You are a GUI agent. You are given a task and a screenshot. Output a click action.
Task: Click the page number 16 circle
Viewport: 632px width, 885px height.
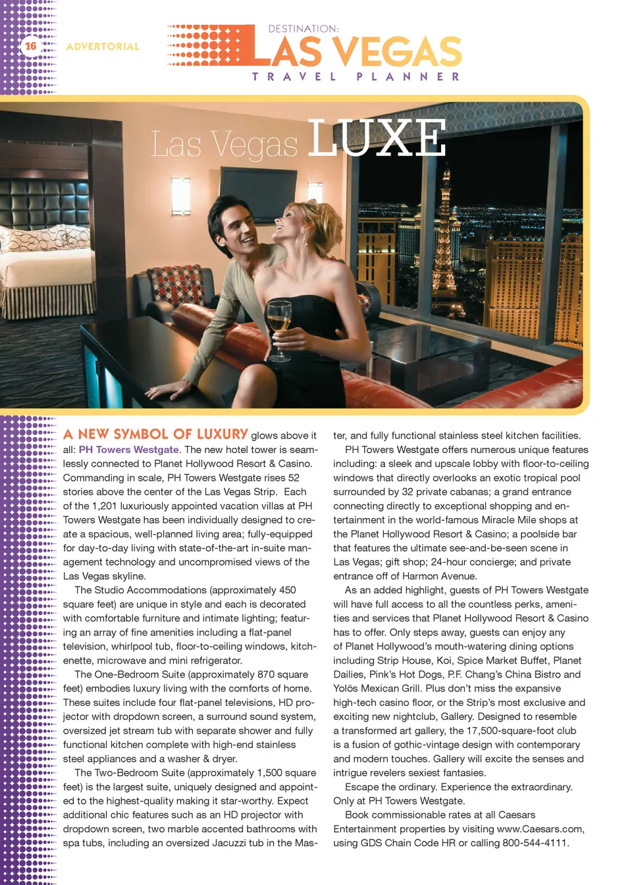pos(31,46)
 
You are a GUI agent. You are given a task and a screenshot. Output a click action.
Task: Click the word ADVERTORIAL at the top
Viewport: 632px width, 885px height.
pos(103,47)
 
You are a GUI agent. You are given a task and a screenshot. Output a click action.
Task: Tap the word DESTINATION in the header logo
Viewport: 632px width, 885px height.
pos(303,29)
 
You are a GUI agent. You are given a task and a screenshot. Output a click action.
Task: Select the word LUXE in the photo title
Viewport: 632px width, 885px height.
pos(377,139)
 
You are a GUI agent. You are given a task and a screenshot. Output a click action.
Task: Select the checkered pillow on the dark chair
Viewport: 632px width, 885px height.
pos(177,284)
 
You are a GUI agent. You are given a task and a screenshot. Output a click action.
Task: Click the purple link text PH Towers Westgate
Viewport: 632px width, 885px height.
pos(129,450)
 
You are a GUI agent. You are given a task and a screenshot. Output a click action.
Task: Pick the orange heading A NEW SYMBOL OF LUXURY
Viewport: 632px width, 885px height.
pos(155,435)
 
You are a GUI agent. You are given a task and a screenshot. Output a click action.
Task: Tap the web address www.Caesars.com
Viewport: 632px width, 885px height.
pos(539,829)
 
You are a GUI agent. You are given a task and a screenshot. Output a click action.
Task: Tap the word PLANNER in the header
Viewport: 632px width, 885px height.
pos(408,76)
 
